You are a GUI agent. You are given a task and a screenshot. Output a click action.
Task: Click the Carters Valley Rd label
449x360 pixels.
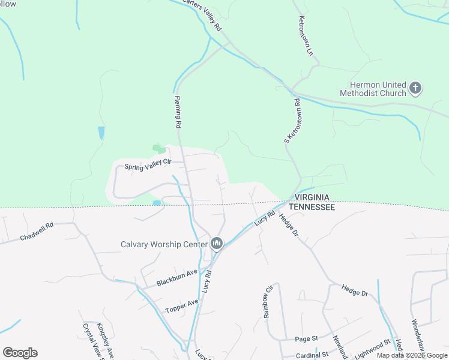202,16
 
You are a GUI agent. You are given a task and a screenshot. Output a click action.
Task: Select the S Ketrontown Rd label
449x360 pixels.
292,121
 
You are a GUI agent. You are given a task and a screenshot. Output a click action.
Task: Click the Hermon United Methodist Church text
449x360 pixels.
373,89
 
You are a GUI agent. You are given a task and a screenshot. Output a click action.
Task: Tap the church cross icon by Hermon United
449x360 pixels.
415,89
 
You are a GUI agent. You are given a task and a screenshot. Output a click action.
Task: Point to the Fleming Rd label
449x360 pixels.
178,113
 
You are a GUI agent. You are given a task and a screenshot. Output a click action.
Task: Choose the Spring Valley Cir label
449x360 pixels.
148,164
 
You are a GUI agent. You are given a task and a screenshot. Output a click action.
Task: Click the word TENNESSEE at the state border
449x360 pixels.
311,206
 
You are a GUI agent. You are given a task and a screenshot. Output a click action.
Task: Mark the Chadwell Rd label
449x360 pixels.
37,232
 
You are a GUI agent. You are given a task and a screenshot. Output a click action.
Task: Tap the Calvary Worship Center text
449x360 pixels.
163,244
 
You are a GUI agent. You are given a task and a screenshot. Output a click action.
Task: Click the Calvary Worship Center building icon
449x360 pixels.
217,244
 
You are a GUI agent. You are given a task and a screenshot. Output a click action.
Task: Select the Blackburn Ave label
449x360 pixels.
177,277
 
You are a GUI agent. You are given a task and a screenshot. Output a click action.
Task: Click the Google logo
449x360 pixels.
20,353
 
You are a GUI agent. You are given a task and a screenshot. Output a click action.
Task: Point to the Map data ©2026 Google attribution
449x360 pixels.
412,355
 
